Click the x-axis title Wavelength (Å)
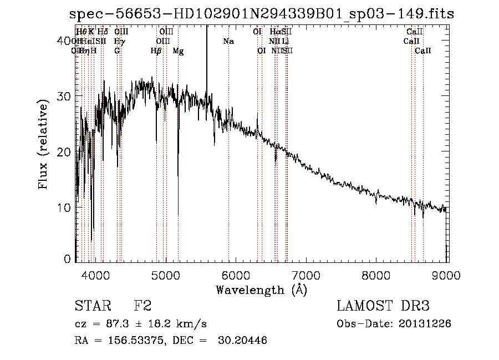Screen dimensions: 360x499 [x=261, y=290]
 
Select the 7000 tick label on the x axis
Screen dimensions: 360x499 [x=307, y=274]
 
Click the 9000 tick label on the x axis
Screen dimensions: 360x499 [x=447, y=274]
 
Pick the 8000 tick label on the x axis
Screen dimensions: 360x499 [x=377, y=274]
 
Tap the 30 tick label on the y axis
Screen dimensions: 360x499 [x=64, y=96]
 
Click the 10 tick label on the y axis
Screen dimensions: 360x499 [x=64, y=207]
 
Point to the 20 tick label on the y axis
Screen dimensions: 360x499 [x=64, y=152]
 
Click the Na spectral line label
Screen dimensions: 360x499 [x=228, y=42]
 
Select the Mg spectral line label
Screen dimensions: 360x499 [x=178, y=51]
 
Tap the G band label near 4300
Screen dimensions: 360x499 [x=117, y=51]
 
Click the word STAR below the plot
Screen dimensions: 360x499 [x=93, y=306]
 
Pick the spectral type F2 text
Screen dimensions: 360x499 [x=142, y=306]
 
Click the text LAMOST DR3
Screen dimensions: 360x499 [x=383, y=306]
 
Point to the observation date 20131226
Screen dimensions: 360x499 [x=424, y=324]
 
